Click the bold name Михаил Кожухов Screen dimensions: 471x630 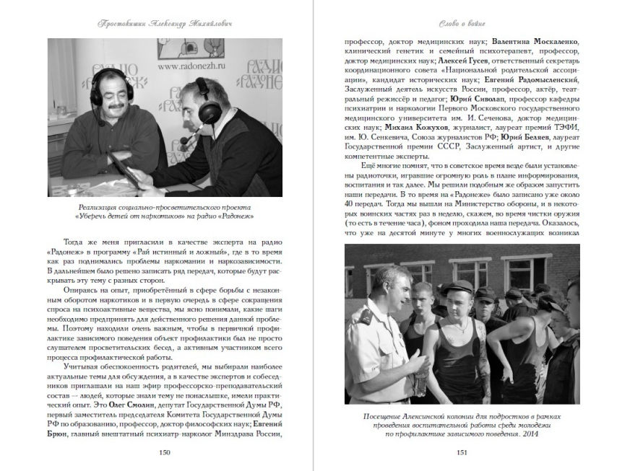pos(398,126)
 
